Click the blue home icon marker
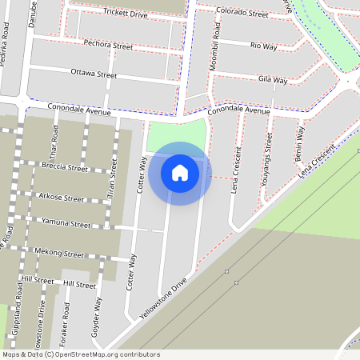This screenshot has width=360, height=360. point(180,173)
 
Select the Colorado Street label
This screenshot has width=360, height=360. point(242,14)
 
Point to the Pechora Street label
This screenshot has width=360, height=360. point(108,46)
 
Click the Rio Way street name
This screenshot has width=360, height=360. point(263,46)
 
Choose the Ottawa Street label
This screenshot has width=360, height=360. point(94,74)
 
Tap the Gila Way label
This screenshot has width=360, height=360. point(273,80)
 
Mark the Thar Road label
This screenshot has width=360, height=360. point(54,142)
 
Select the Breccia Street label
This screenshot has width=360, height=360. point(63,168)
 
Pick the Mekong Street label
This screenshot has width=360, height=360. point(59,254)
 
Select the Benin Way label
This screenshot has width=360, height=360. point(300,141)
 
